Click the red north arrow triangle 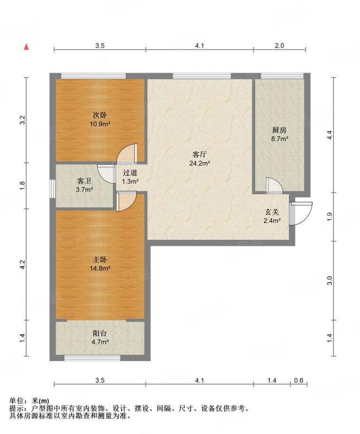(26, 47)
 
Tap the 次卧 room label (100, 115)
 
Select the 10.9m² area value (100, 124)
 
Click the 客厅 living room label (199, 154)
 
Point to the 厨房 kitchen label (279, 130)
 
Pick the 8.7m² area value (279, 139)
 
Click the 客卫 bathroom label (84, 181)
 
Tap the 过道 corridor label (130, 173)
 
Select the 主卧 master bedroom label (100, 259)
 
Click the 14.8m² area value (100, 268)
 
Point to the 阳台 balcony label (100, 333)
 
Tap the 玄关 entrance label (271, 212)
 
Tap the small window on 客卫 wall (53, 188)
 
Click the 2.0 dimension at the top (279, 46)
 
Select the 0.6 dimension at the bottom (299, 380)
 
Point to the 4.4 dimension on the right (329, 135)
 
